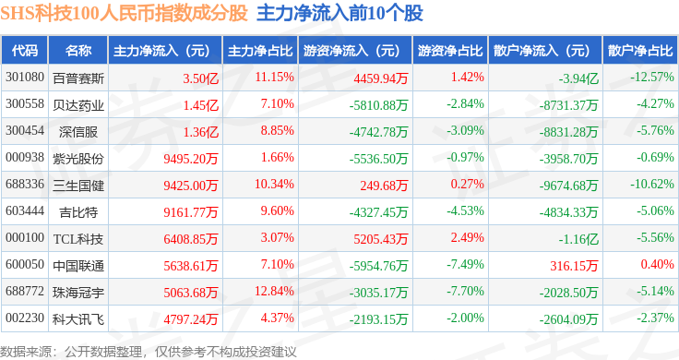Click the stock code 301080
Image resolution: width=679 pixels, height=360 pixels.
pyautogui.click(x=25, y=78)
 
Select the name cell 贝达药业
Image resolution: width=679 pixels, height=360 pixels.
pyautogui.click(x=78, y=105)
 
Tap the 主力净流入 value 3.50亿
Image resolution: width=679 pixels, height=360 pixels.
pyautogui.click(x=200, y=78)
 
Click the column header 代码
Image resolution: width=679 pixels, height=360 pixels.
pyautogui.click(x=25, y=51)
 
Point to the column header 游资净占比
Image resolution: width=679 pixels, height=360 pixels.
pyautogui.click(x=450, y=51)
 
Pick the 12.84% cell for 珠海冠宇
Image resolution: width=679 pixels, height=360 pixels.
pyautogui.click(x=274, y=291)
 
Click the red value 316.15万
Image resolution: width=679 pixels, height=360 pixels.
pyautogui.click(x=574, y=266)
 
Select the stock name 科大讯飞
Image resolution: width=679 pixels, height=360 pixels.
pyautogui.click(x=78, y=319)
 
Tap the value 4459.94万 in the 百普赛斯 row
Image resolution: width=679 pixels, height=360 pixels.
pyautogui.click(x=381, y=78)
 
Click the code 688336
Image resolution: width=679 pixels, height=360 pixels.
pyautogui.click(x=25, y=184)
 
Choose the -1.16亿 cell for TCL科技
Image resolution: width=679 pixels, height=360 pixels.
pyautogui.click(x=578, y=239)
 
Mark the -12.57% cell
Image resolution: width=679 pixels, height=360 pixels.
pyautogui.click(x=651, y=78)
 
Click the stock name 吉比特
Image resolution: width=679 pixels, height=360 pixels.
pyautogui.click(x=78, y=212)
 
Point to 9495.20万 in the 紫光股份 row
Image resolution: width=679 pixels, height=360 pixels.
pyautogui.click(x=191, y=159)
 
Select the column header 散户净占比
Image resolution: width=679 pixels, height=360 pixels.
pyautogui.click(x=640, y=51)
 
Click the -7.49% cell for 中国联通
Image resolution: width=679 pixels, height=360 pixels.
pyautogui.click(x=465, y=264)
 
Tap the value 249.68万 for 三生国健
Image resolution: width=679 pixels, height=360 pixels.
pyautogui.click(x=384, y=186)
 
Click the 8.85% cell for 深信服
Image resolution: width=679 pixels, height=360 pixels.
pyautogui.click(x=277, y=130)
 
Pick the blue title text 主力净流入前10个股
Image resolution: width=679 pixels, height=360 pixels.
pyautogui.click(x=339, y=14)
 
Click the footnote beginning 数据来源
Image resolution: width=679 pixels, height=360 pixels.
pyautogui.click(x=149, y=352)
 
